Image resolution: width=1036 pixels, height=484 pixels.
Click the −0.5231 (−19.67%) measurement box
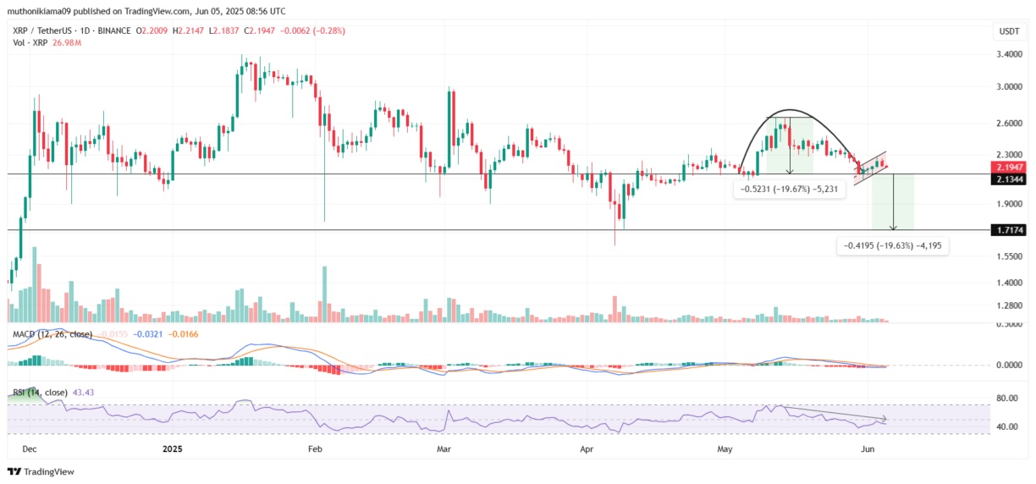(x=786, y=190)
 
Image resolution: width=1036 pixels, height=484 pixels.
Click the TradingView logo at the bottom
(x=41, y=471)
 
